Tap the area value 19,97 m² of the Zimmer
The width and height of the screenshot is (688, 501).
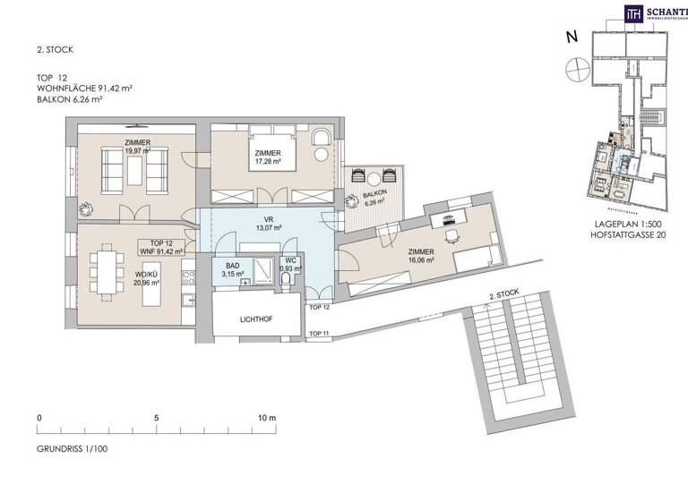click(x=137, y=152)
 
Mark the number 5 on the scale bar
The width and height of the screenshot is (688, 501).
click(x=156, y=418)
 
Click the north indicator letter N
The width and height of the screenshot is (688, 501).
click(x=571, y=38)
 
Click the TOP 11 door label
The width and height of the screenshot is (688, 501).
click(x=318, y=333)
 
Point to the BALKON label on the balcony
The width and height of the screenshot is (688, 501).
click(x=375, y=192)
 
